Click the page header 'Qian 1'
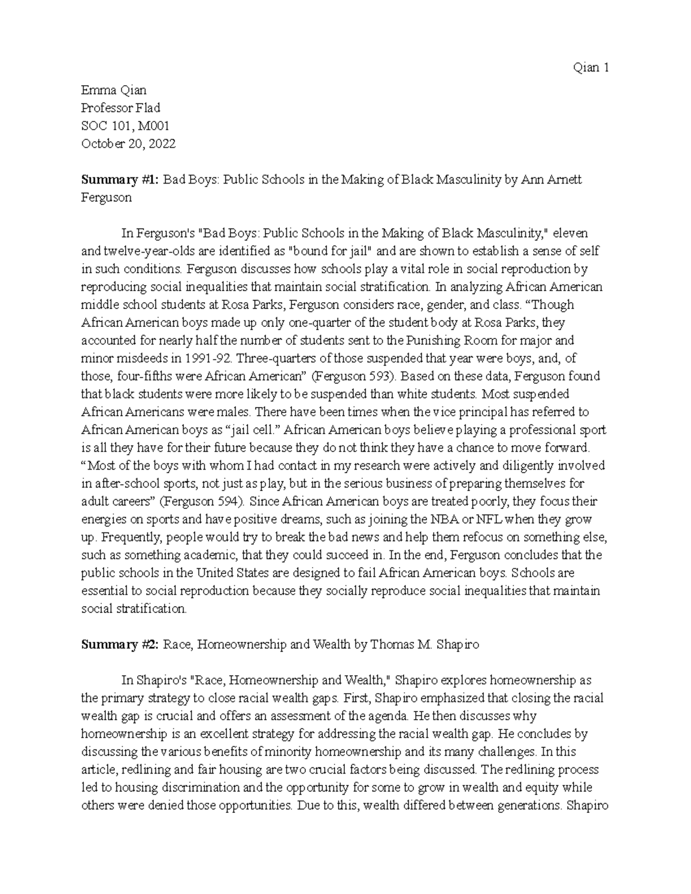tap(590, 68)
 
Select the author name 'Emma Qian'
tap(114, 90)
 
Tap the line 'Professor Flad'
tap(120, 108)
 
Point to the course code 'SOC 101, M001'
tap(125, 125)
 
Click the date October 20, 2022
tap(128, 143)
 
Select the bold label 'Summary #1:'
tap(120, 180)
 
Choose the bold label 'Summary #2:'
tap(120, 645)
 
